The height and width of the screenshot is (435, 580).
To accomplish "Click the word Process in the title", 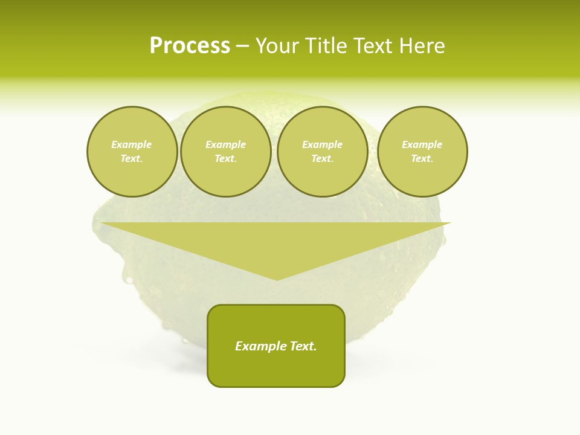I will tap(190, 46).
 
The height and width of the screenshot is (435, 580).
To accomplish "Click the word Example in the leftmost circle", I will tap(132, 144).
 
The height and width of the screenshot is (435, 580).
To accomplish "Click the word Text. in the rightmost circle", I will tap(422, 158).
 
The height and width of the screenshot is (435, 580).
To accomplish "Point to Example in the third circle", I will tap(322, 144).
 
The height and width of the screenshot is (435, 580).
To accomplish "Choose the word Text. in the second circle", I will tap(225, 158).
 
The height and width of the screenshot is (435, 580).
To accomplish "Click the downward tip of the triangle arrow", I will tap(277, 279).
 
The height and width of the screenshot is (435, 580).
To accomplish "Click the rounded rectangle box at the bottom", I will tap(276, 369).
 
